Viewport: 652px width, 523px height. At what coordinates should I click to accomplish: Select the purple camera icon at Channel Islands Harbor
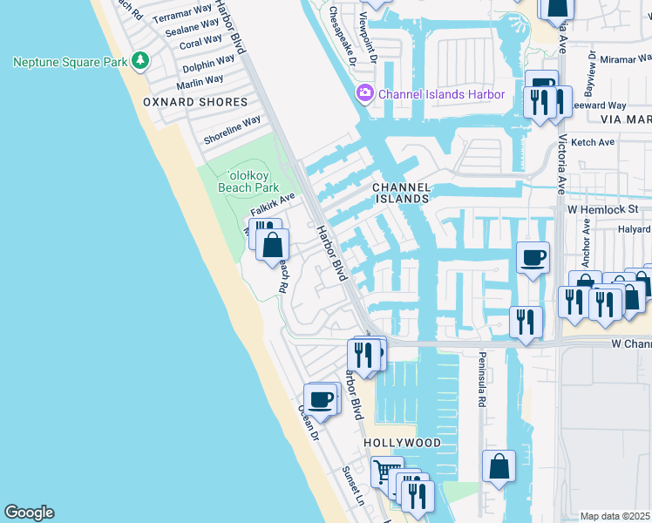[364, 93]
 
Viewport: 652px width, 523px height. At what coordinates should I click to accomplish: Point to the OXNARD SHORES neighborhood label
[195, 102]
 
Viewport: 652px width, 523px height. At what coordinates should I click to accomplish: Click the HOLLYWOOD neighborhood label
[402, 443]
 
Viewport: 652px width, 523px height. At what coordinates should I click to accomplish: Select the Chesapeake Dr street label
[343, 36]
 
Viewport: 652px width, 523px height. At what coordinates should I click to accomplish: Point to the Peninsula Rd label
[480, 380]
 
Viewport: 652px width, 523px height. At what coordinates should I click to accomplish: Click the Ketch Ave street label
[594, 142]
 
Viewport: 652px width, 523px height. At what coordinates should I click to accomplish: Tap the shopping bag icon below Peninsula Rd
[499, 466]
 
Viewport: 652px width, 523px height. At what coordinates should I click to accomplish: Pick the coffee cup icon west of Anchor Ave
[533, 258]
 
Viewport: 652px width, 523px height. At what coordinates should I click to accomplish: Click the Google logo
[29, 513]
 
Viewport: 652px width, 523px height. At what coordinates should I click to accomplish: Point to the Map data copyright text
[615, 516]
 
